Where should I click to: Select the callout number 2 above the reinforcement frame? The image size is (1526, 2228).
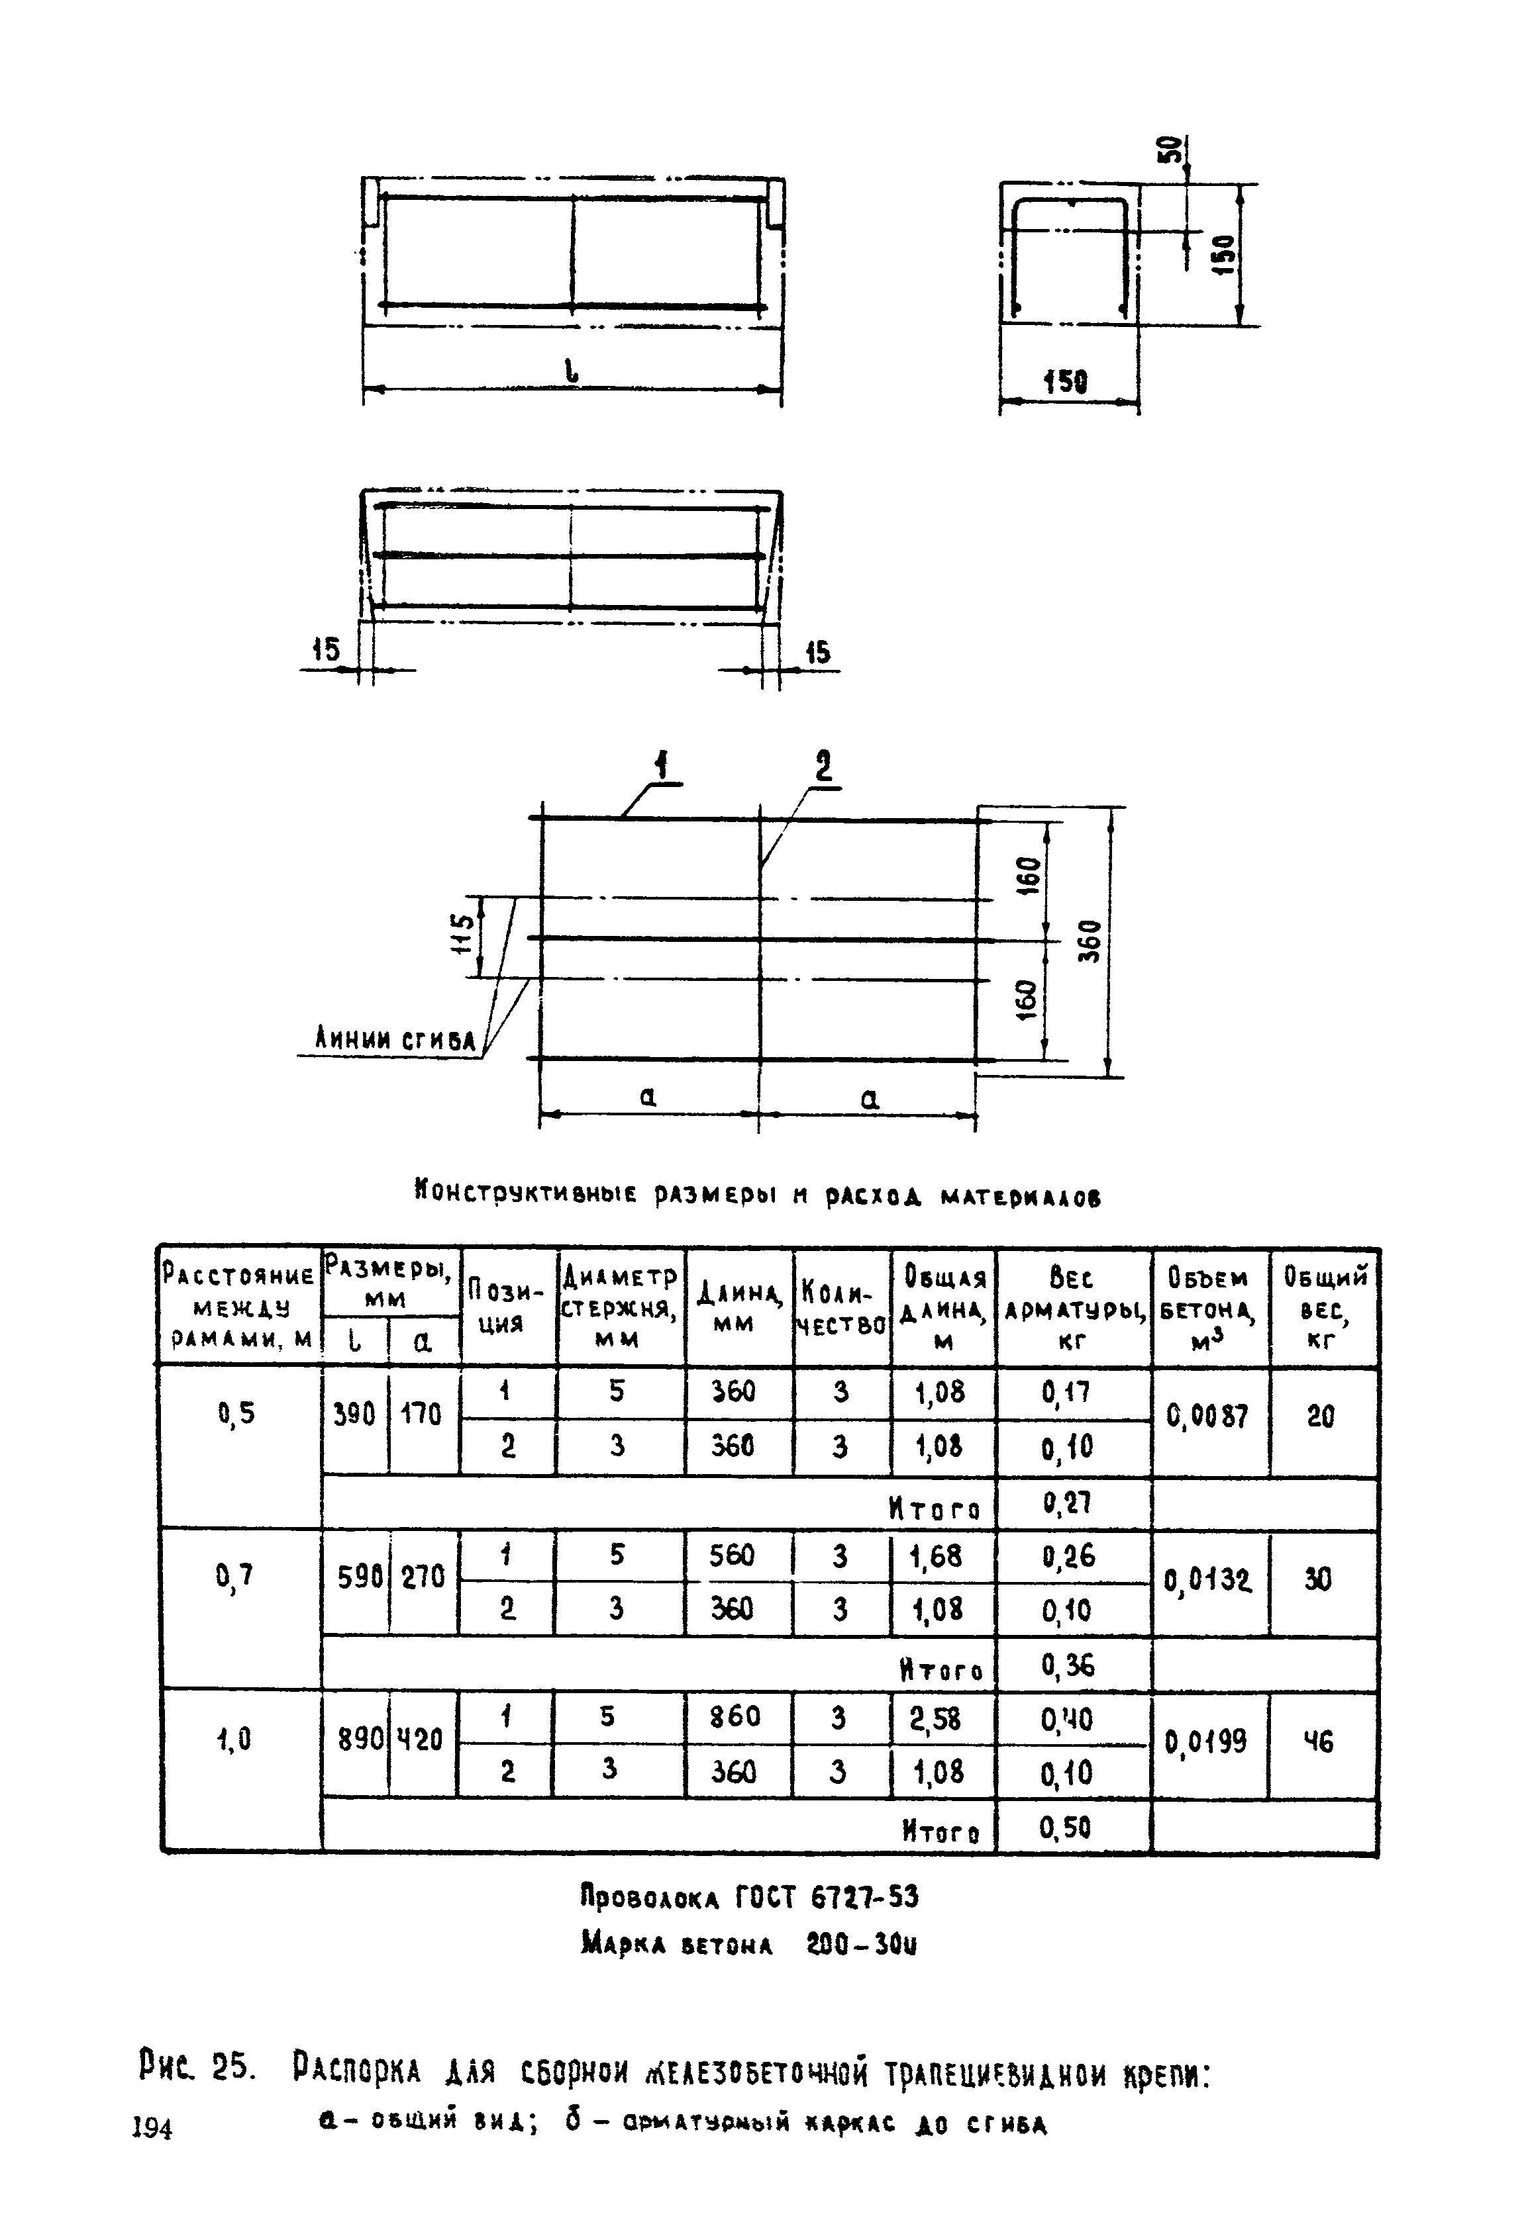pos(824,768)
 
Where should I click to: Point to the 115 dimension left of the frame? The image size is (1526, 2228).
pos(462,936)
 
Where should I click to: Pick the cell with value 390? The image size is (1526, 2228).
pos(354,1414)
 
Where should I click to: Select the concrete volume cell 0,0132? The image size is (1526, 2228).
pos(1207,1579)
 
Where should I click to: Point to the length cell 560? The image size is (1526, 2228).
pos(733,1555)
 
